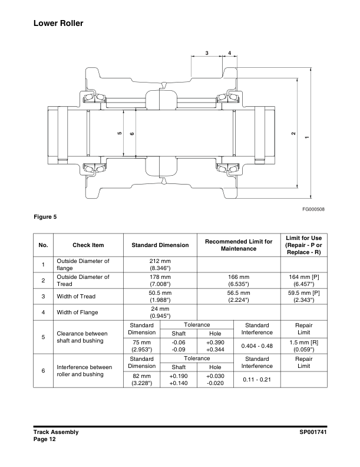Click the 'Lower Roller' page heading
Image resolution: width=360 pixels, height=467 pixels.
[58, 24]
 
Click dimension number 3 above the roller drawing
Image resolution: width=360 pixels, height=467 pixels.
[207, 53]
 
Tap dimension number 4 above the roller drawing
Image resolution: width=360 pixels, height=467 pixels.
[229, 53]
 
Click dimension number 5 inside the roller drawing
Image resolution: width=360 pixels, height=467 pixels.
[120, 134]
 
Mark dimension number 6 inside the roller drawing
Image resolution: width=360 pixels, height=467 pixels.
[132, 134]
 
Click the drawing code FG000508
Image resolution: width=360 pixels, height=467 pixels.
[314, 209]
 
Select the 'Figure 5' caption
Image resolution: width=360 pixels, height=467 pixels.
[45, 216]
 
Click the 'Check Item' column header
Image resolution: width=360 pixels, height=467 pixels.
[88, 245]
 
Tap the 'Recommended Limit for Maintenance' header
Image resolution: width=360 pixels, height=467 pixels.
[238, 245]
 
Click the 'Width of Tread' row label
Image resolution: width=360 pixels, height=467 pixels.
[76, 296]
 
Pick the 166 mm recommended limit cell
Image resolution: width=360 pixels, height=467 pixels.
[238, 279]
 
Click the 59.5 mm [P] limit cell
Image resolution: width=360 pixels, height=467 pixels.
[303, 296]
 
